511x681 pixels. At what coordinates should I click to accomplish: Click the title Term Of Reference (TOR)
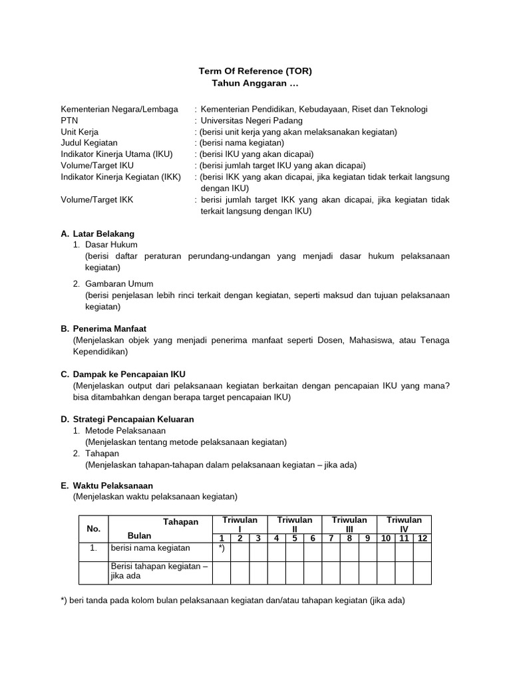pyautogui.click(x=255, y=71)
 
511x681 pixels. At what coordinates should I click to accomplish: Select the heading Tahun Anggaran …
pyautogui.click(x=255, y=83)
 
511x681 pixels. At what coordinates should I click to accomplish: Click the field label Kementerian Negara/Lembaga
pyautogui.click(x=119, y=109)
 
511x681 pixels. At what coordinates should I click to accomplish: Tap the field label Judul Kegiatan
pyautogui.click(x=89, y=142)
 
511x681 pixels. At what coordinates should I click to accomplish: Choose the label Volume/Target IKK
pyautogui.click(x=97, y=200)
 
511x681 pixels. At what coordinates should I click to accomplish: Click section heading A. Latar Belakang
pyautogui.click(x=97, y=233)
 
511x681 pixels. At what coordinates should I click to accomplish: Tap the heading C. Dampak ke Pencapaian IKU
pyautogui.click(x=122, y=374)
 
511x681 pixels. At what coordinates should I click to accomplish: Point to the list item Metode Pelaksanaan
pyautogui.click(x=125, y=431)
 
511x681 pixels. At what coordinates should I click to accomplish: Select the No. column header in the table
pyautogui.click(x=93, y=529)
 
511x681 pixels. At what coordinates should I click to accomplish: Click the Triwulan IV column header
pyautogui.click(x=404, y=524)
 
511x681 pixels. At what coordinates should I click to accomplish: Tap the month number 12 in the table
pyautogui.click(x=422, y=538)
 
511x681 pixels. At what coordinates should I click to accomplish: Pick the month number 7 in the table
pyautogui.click(x=331, y=538)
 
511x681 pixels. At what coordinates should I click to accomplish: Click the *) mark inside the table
pyautogui.click(x=221, y=549)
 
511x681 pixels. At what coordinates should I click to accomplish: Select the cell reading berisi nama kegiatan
pyautogui.click(x=150, y=548)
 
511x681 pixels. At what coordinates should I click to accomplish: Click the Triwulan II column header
pyautogui.click(x=294, y=524)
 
